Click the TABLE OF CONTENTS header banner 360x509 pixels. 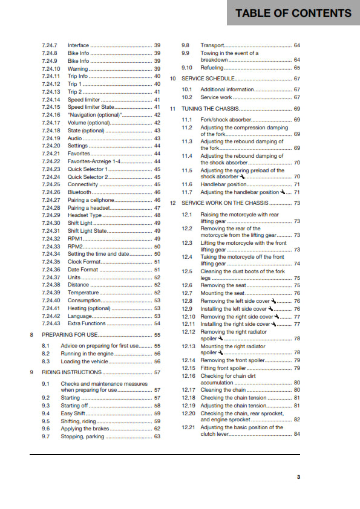pyautogui.click(x=293, y=13)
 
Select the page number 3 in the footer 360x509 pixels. pyautogui.click(x=298, y=477)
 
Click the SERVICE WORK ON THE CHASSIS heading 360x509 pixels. pyautogui.click(x=224, y=203)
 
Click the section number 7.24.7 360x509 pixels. pyautogui.click(x=50, y=45)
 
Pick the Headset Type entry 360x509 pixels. pyautogui.click(x=85, y=215)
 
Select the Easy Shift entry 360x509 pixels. pyautogui.click(x=73, y=413)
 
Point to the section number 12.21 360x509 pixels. pyautogui.click(x=188, y=427)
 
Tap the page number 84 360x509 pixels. pyautogui.click(x=296, y=435)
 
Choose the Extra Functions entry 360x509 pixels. pyautogui.click(x=87, y=323)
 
